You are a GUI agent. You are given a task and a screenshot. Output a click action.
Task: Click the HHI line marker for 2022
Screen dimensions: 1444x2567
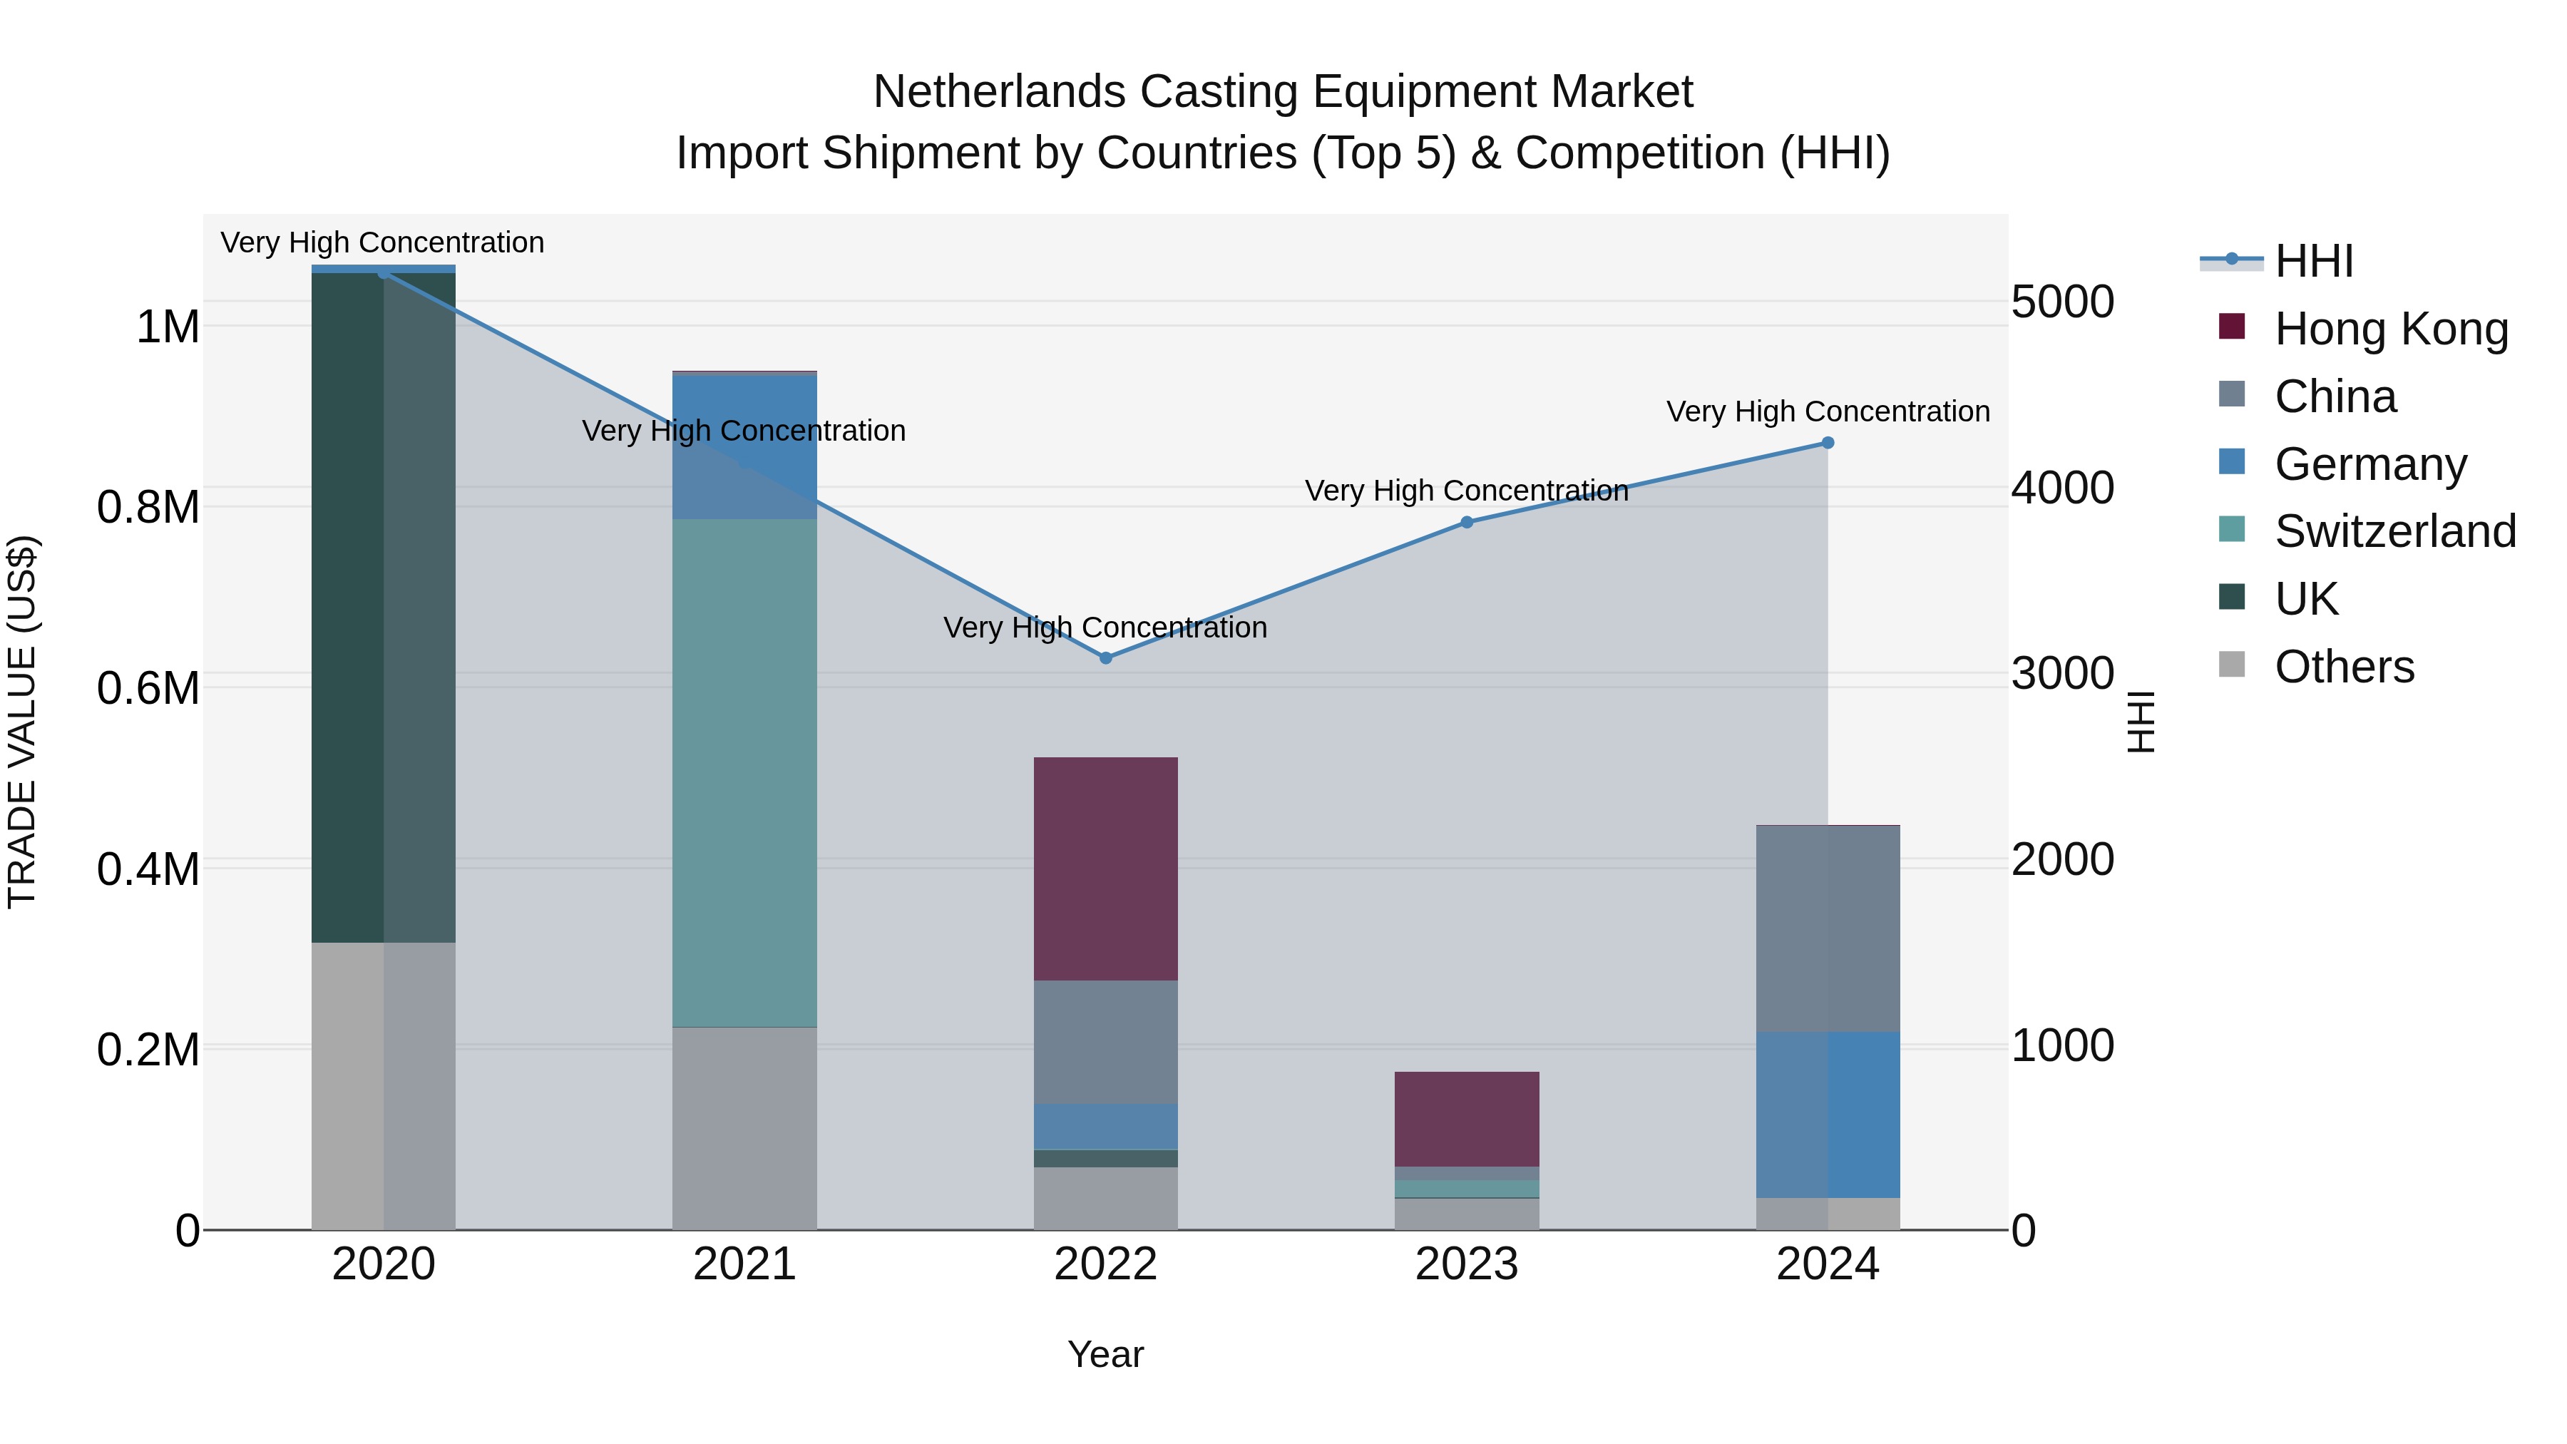coord(1105,657)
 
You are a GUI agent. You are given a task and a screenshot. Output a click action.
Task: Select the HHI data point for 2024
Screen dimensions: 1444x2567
coord(1828,442)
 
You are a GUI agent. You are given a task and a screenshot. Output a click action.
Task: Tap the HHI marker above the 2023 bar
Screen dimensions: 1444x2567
coord(1467,522)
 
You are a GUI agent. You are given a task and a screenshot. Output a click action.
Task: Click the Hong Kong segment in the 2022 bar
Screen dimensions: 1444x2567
coord(1105,869)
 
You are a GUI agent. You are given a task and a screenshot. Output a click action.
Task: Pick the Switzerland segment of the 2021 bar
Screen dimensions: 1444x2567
coord(744,772)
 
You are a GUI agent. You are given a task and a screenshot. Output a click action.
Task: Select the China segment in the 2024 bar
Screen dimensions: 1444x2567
coord(1828,928)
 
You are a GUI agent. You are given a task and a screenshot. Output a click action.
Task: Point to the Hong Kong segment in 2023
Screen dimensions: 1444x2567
coord(1467,1118)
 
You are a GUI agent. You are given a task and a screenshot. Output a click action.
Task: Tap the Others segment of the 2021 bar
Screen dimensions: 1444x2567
coord(744,1128)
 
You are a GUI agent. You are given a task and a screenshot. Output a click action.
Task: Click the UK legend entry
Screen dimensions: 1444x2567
coord(2306,599)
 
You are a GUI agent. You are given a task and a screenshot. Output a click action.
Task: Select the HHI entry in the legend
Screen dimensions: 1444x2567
coord(2314,261)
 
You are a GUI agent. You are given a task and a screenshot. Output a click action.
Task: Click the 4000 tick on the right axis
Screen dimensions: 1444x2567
coord(2061,488)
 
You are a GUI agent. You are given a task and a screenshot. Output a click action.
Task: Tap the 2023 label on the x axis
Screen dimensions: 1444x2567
coord(1467,1264)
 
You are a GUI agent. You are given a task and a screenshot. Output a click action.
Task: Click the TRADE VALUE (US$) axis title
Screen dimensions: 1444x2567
coord(23,722)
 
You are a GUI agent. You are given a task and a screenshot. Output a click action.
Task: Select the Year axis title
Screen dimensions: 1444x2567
coord(1105,1354)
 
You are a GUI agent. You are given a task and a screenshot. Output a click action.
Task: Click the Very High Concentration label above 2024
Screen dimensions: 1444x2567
coord(1828,411)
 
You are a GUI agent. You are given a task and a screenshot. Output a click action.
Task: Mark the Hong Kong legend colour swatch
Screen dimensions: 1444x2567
coord(2232,327)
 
